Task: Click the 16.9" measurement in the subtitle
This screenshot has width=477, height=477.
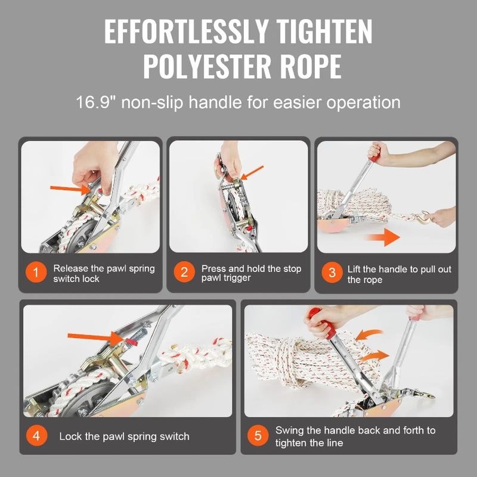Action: [98, 101]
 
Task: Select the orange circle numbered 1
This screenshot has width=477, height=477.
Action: [36, 274]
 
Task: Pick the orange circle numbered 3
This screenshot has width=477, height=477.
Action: [332, 274]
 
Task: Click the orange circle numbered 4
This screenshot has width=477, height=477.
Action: [36, 436]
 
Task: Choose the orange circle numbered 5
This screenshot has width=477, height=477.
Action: [258, 436]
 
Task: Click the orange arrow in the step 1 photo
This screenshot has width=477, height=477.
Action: [66, 190]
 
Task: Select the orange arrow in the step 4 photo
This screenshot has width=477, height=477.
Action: [95, 337]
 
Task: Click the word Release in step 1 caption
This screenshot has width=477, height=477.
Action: [70, 268]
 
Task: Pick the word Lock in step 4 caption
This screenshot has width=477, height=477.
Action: [70, 436]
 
